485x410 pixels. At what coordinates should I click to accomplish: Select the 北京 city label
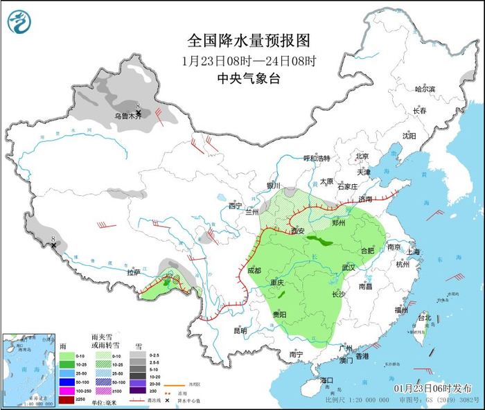click(x=362, y=156)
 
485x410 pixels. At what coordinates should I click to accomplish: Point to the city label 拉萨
click(x=134, y=274)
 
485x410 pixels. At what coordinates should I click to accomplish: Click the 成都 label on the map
click(x=254, y=270)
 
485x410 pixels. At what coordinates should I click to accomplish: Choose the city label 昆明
click(x=240, y=330)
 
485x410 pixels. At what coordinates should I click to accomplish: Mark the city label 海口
click(x=326, y=380)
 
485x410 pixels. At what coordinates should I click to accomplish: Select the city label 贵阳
click(x=281, y=314)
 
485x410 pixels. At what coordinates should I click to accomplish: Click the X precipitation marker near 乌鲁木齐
click(x=139, y=112)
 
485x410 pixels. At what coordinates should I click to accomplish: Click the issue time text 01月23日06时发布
click(x=438, y=387)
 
